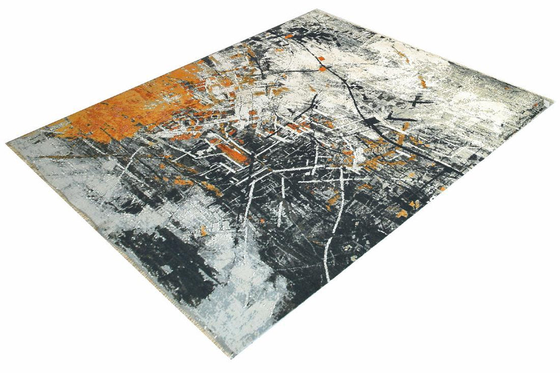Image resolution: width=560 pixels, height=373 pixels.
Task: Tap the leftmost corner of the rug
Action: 7,143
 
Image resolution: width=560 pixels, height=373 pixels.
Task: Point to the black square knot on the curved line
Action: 322,68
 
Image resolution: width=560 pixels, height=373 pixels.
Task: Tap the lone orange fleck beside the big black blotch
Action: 204,230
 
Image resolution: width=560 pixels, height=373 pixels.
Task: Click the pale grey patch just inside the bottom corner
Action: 235,330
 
